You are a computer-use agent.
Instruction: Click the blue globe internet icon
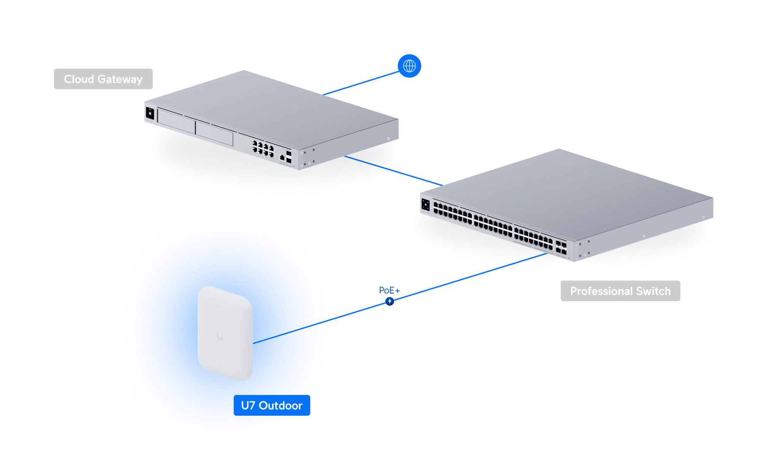point(409,66)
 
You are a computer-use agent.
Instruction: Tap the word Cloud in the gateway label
point(79,79)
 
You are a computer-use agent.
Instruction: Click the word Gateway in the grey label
point(120,79)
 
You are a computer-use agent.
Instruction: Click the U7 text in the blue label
point(248,405)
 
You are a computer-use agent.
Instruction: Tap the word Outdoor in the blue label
point(280,405)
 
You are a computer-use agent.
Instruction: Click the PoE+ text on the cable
point(389,291)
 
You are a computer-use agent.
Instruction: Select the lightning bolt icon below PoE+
point(390,301)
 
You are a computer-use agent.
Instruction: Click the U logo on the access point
point(220,335)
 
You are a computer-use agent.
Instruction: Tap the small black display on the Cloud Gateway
point(150,113)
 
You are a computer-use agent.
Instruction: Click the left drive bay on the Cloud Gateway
point(176,121)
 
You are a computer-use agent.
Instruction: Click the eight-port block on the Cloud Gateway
point(263,148)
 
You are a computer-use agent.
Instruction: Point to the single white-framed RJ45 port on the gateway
point(282,158)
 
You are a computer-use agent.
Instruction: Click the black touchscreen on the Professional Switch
point(426,205)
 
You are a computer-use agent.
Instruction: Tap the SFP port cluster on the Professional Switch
point(561,247)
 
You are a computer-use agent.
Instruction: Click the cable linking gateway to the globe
point(361,83)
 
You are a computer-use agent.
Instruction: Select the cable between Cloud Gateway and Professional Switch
point(394,171)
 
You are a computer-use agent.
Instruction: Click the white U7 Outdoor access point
point(225,334)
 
